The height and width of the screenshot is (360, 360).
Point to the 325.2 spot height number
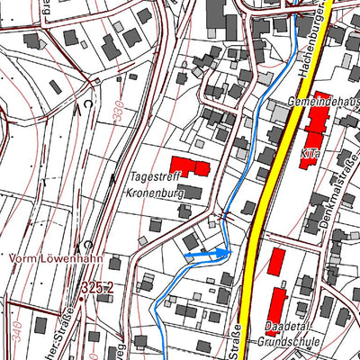98,287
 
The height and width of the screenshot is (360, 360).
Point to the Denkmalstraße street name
330,203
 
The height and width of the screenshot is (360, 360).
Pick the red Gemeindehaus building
318,125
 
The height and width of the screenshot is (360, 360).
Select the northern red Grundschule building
276,262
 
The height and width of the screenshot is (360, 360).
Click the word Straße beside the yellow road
238,338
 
